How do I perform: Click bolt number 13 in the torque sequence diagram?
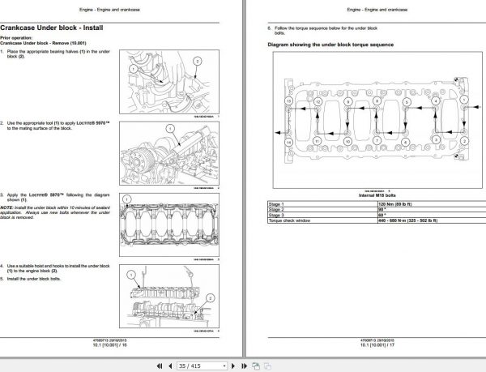[x=288, y=100]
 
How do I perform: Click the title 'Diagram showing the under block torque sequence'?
[x=331, y=43]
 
